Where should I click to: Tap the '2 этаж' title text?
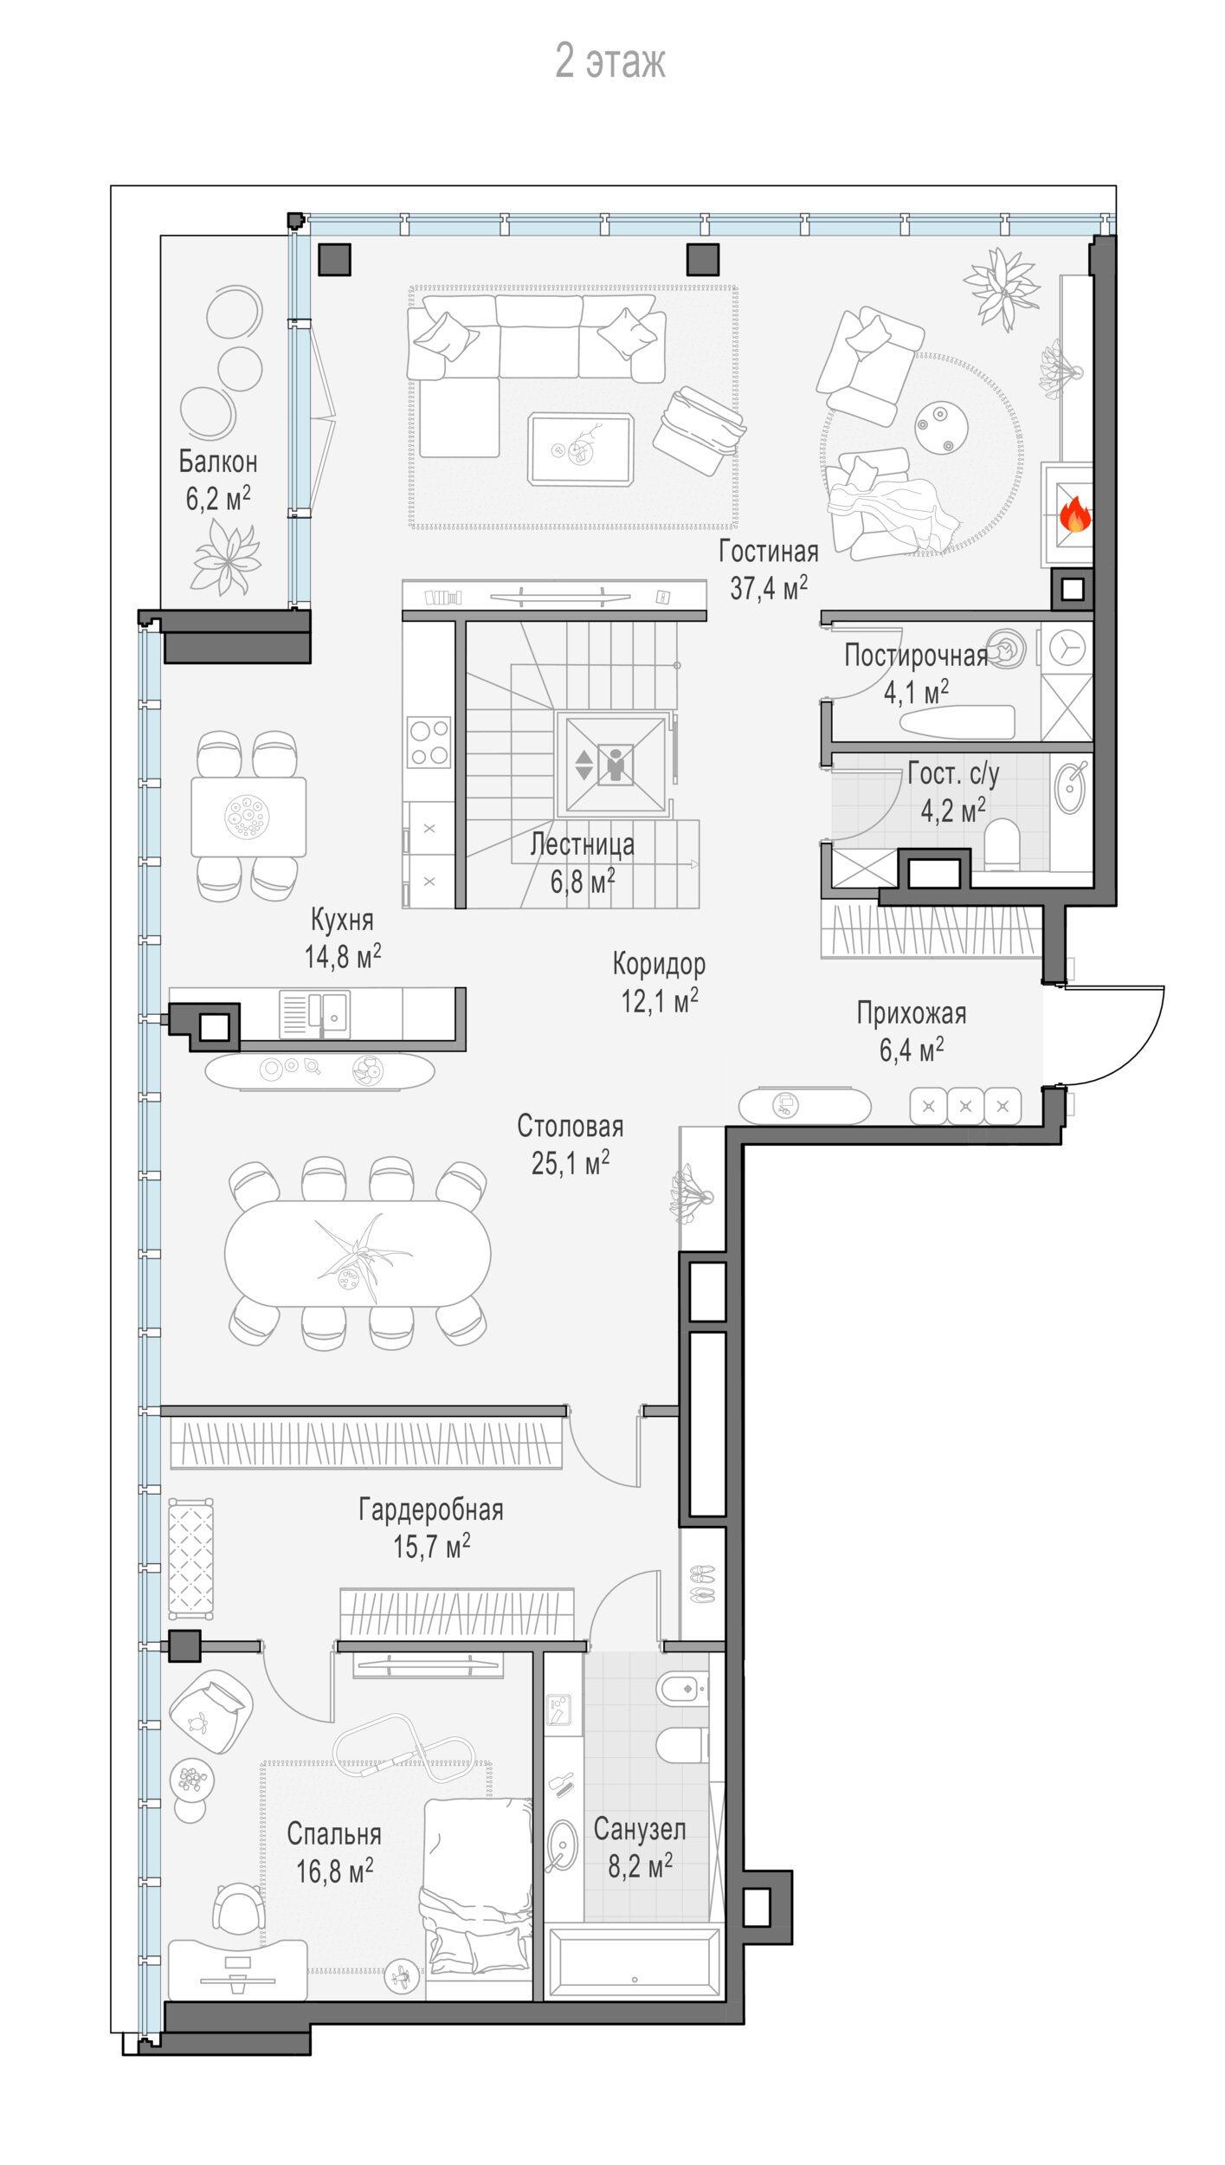(610, 61)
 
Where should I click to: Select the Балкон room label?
(218, 462)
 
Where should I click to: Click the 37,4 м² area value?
(769, 588)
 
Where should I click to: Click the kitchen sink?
(315, 1014)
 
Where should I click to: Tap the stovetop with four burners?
(429, 742)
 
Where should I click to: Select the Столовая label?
(571, 1126)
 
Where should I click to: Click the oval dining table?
(358, 1253)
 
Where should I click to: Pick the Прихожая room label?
(912, 1013)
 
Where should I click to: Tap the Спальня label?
(334, 1834)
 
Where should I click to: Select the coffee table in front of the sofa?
(581, 449)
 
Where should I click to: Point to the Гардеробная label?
(431, 1509)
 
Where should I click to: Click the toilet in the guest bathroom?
(1003, 845)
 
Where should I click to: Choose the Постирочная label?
(916, 656)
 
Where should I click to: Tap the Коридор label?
(659, 964)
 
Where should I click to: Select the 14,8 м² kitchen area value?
(343, 957)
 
